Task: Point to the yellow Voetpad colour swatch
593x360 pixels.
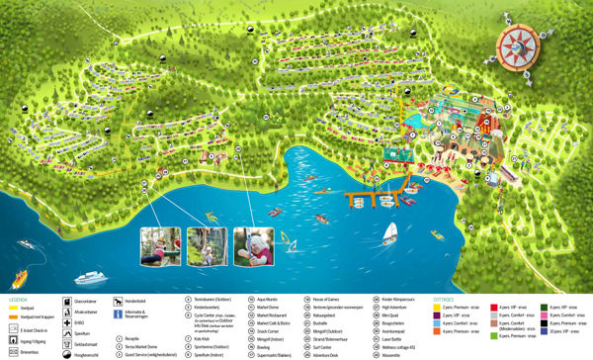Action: coord(11,308)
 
